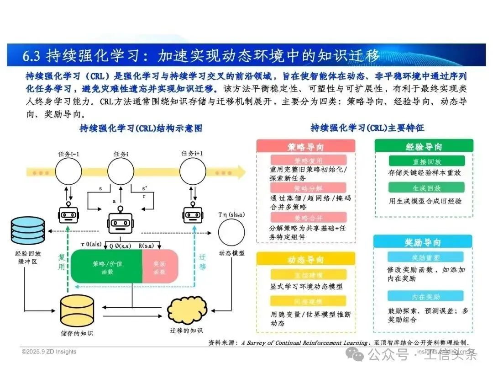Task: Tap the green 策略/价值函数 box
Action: pyautogui.click(x=106, y=266)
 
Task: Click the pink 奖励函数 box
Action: pyautogui.click(x=160, y=267)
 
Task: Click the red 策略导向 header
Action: pyautogui.click(x=306, y=146)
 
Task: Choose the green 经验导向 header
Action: pyautogui.click(x=424, y=146)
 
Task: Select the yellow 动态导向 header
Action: pyautogui.click(x=306, y=259)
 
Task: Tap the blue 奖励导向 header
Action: pyautogui.click(x=423, y=242)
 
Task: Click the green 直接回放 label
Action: pyautogui.click(x=427, y=161)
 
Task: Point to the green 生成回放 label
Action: pyautogui.click(x=427, y=188)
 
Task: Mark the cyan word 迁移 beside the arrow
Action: pyautogui.click(x=203, y=262)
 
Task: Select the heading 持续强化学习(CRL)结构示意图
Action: pyautogui.click(x=141, y=128)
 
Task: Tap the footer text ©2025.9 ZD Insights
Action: pyautogui.click(x=49, y=352)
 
